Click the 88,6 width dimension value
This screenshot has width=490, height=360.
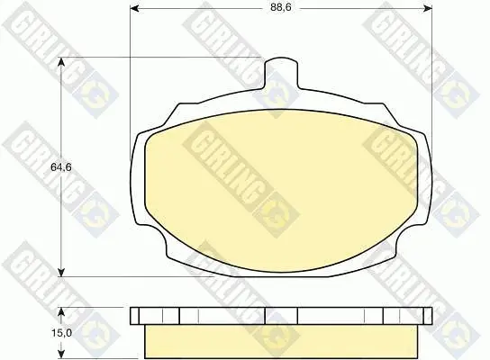coord(281,7)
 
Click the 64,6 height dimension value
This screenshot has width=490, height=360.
coord(61,167)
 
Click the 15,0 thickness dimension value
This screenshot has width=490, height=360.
coord(61,333)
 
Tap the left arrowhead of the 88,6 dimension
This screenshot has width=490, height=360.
coord(135,8)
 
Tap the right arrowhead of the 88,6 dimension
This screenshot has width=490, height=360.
coord(428,8)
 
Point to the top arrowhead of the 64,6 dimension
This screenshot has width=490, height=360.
coord(62,62)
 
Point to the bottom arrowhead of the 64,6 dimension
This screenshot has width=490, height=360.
coord(62,272)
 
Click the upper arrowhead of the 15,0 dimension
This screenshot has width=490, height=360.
coord(62,312)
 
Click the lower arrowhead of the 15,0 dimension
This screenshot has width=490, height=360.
coord(62,354)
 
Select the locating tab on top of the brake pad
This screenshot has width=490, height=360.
coord(282,72)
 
